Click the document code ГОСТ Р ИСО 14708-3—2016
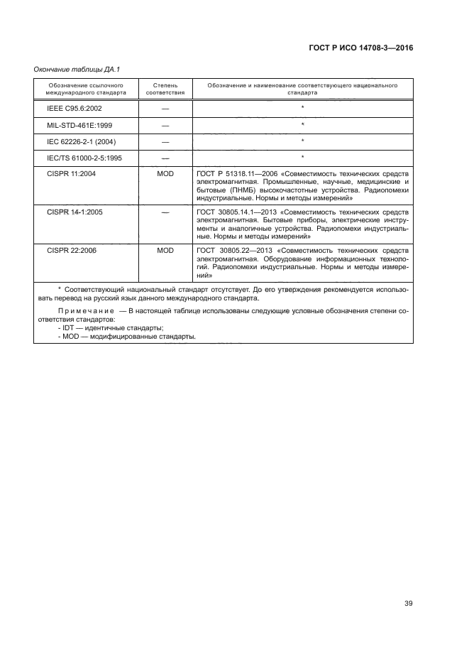pos(360,48)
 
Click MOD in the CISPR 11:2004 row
pos(165,174)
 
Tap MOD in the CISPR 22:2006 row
pos(165,250)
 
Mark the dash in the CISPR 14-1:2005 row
pos(165,212)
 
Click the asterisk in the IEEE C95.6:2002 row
pos(302,108)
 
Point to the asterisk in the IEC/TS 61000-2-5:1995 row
pos(302,157)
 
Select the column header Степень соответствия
pos(165,89)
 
